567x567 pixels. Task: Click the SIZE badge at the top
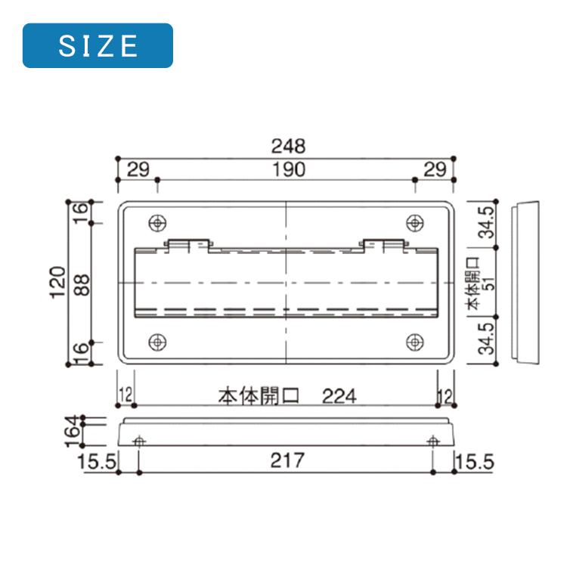(x=98, y=45)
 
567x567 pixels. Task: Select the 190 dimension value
(x=288, y=169)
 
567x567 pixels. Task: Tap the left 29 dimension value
(x=138, y=169)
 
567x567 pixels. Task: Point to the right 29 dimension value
(x=435, y=169)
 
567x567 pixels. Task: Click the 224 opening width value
(x=339, y=395)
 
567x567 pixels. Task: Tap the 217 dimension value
(x=287, y=460)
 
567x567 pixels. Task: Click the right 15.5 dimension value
(x=475, y=460)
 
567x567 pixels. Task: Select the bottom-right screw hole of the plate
(x=414, y=342)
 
